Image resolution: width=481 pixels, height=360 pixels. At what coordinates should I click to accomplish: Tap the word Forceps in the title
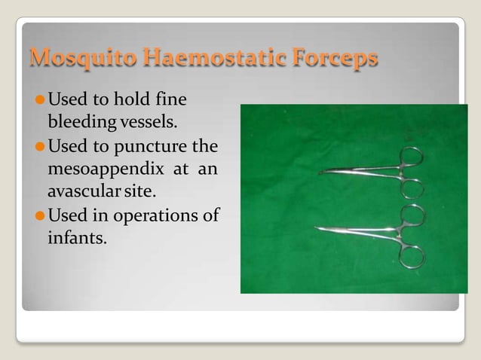click(334, 58)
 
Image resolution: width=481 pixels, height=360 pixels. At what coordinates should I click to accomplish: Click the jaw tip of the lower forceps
click(317, 228)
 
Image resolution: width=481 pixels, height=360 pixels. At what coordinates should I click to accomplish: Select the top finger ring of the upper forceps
click(412, 158)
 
